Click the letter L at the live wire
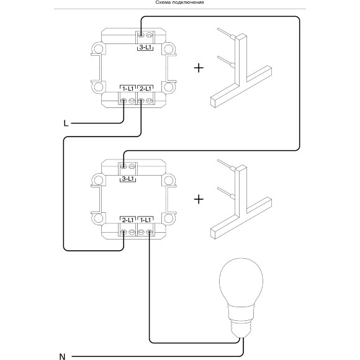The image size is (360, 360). (x=66, y=124)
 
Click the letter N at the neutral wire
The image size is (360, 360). (x=62, y=357)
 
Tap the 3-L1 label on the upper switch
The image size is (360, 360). (x=146, y=48)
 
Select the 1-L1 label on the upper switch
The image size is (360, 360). (x=128, y=89)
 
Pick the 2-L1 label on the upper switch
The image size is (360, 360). (x=146, y=89)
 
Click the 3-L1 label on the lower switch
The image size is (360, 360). (x=128, y=179)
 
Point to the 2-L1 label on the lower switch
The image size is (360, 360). (x=128, y=220)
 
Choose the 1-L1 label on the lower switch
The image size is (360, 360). (x=146, y=220)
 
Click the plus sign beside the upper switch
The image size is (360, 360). (x=199, y=68)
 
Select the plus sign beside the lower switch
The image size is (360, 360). (x=199, y=199)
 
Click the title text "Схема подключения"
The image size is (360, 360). (x=180, y=2)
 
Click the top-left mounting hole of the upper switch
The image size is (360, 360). (x=99, y=49)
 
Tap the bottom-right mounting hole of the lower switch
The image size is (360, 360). (x=169, y=218)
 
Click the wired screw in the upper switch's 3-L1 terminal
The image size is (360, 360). (x=141, y=35)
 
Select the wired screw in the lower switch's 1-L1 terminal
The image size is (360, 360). (x=150, y=232)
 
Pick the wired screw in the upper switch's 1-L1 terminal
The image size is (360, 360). (x=124, y=101)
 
